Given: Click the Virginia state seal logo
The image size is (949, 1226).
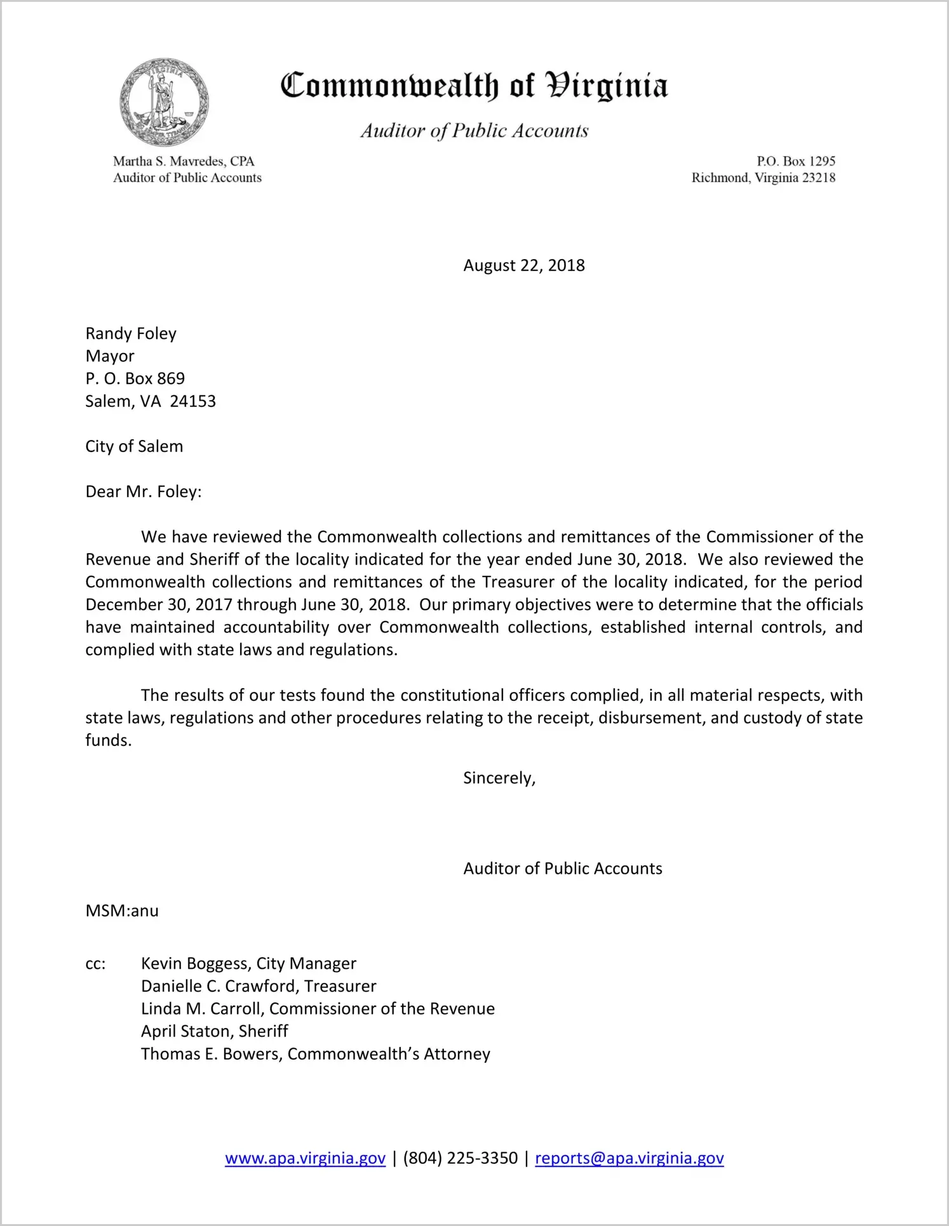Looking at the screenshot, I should pyautogui.click(x=164, y=103).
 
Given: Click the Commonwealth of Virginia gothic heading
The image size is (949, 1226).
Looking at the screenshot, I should pyautogui.click(x=474, y=86).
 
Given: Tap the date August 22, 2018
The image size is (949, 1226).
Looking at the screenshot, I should pyautogui.click(x=523, y=265).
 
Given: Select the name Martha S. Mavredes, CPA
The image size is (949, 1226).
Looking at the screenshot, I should pyautogui.click(x=184, y=161).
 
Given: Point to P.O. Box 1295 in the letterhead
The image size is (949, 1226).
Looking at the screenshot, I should pyautogui.click(x=795, y=161).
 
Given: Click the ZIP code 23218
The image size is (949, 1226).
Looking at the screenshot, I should pyautogui.click(x=819, y=178).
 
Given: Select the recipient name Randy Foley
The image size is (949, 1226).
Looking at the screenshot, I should pyautogui.click(x=131, y=333).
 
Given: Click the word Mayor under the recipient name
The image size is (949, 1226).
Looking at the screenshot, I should pyautogui.click(x=110, y=356).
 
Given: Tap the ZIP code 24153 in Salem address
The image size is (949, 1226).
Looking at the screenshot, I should pyautogui.click(x=193, y=401).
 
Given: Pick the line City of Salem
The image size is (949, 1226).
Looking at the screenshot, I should pyautogui.click(x=134, y=446).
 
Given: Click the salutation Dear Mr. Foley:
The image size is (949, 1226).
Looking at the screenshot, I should pyautogui.click(x=143, y=492).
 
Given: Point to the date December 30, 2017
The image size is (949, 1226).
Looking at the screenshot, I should pyautogui.click(x=159, y=604).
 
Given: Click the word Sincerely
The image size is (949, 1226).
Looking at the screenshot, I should pyautogui.click(x=499, y=778).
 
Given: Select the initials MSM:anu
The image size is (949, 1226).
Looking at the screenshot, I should pyautogui.click(x=122, y=911).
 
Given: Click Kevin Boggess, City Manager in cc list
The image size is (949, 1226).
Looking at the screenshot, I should pyautogui.click(x=248, y=964).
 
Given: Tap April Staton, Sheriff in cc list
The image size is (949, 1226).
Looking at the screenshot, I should pyautogui.click(x=214, y=1031).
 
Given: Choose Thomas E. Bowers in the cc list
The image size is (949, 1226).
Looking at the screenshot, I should pyautogui.click(x=212, y=1054).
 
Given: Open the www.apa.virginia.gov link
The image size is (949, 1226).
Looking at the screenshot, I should pyautogui.click(x=305, y=1158).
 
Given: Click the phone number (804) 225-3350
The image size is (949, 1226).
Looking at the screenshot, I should pyautogui.click(x=460, y=1158).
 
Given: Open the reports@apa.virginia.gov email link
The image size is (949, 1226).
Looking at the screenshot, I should pyautogui.click(x=629, y=1158).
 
